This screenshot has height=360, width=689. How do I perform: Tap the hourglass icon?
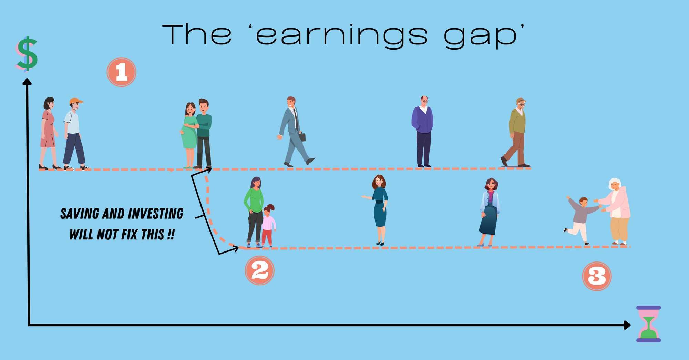(648, 324)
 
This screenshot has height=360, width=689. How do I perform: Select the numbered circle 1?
(121, 72)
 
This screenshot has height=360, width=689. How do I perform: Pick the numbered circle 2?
(259, 270)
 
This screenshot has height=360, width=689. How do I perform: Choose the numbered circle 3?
(597, 276)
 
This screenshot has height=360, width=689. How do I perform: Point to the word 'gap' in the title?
(481, 37)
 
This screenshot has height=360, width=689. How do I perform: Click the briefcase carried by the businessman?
(302, 137)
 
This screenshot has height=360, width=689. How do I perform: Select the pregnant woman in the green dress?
(189, 134)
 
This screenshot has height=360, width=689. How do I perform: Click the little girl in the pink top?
(268, 225)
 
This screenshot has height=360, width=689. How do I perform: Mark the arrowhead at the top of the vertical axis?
(27, 81)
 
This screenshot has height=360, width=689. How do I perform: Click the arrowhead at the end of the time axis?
(627, 325)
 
